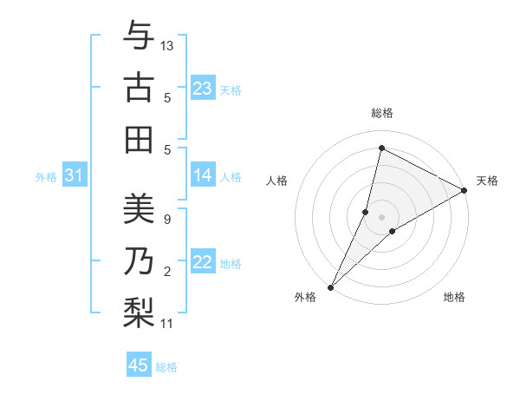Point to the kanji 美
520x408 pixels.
pyautogui.click(x=139, y=209)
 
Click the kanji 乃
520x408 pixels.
pyautogui.click(x=139, y=260)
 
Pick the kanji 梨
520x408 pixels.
pyautogui.click(x=139, y=312)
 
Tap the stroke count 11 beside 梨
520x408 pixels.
pyautogui.click(x=167, y=324)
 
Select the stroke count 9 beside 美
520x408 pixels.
pyautogui.click(x=166, y=219)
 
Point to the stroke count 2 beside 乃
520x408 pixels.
pyautogui.click(x=166, y=272)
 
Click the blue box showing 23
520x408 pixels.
pyautogui.click(x=202, y=89)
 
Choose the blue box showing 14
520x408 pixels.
pyautogui.click(x=202, y=176)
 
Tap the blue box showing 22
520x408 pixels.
pyautogui.click(x=202, y=263)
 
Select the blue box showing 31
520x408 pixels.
pyautogui.click(x=74, y=176)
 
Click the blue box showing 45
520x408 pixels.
pyautogui.click(x=139, y=365)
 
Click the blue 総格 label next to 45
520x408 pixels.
pyautogui.click(x=166, y=367)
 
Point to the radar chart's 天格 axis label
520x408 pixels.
pyautogui.click(x=487, y=181)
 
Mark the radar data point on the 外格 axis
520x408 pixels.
pyautogui.click(x=330, y=286)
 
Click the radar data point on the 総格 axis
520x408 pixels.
pyautogui.click(x=381, y=148)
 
